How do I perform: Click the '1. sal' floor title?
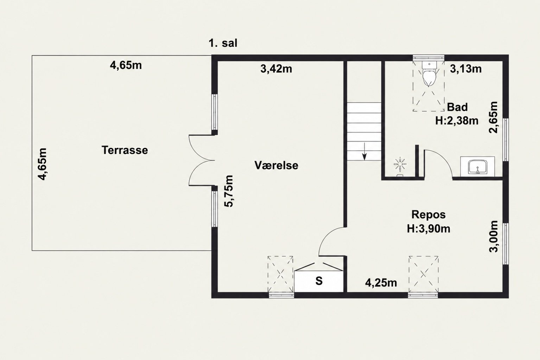223,43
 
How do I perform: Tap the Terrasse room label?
125,150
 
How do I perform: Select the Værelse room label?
276,165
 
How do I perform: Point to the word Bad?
457,107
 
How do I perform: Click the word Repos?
428,214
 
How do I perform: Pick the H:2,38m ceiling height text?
457,121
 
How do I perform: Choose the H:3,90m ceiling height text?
428,229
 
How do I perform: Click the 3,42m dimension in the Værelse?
276,69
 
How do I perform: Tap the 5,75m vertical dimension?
229,191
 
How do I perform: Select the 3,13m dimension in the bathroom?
466,69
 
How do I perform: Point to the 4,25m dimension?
381,283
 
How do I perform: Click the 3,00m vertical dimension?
493,236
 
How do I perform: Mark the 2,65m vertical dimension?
493,117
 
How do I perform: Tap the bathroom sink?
477,166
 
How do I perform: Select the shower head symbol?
400,164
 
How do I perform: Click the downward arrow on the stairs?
364,151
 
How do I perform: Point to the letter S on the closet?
319,281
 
